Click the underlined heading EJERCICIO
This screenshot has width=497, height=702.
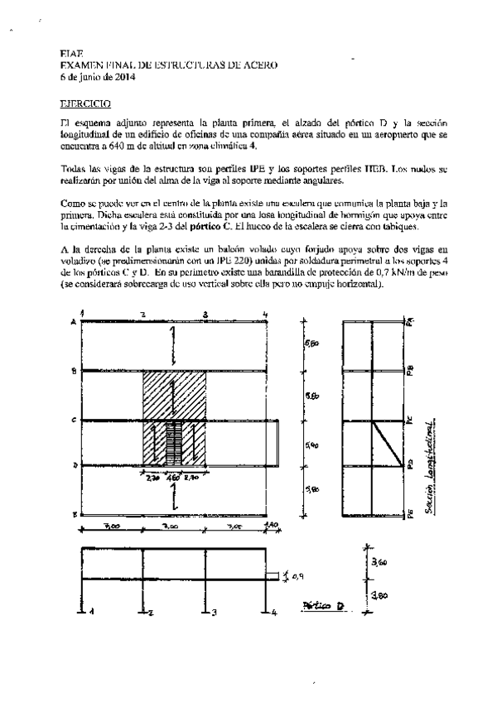80,105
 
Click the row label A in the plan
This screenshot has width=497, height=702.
75,321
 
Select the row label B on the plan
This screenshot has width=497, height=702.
75,372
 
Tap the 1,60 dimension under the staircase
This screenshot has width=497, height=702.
173,476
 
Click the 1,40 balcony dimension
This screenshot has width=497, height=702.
274,526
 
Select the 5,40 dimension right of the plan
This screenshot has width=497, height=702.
311,445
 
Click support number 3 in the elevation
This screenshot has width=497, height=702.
215,613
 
